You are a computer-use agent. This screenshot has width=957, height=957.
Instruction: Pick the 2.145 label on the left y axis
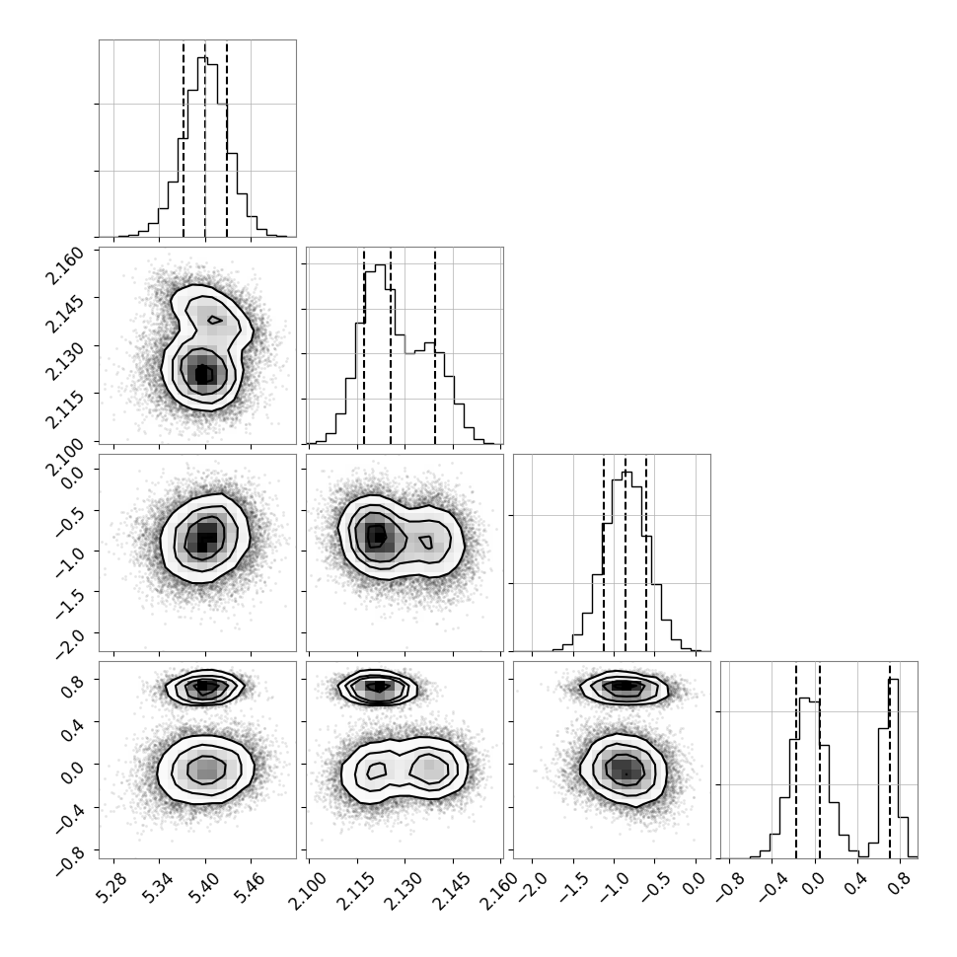coord(64,315)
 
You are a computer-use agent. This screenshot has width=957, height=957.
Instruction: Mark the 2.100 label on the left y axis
coord(64,458)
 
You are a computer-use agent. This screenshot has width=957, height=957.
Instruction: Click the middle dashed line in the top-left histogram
coord(205,138)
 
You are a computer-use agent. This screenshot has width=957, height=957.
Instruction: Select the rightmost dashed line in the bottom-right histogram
coord(890,760)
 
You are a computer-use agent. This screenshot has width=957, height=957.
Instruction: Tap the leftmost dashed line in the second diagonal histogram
coord(364,345)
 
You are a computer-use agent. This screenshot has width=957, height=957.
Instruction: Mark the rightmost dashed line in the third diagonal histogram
coord(646,552)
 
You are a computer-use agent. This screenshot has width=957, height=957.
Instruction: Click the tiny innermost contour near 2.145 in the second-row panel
coord(214,320)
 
